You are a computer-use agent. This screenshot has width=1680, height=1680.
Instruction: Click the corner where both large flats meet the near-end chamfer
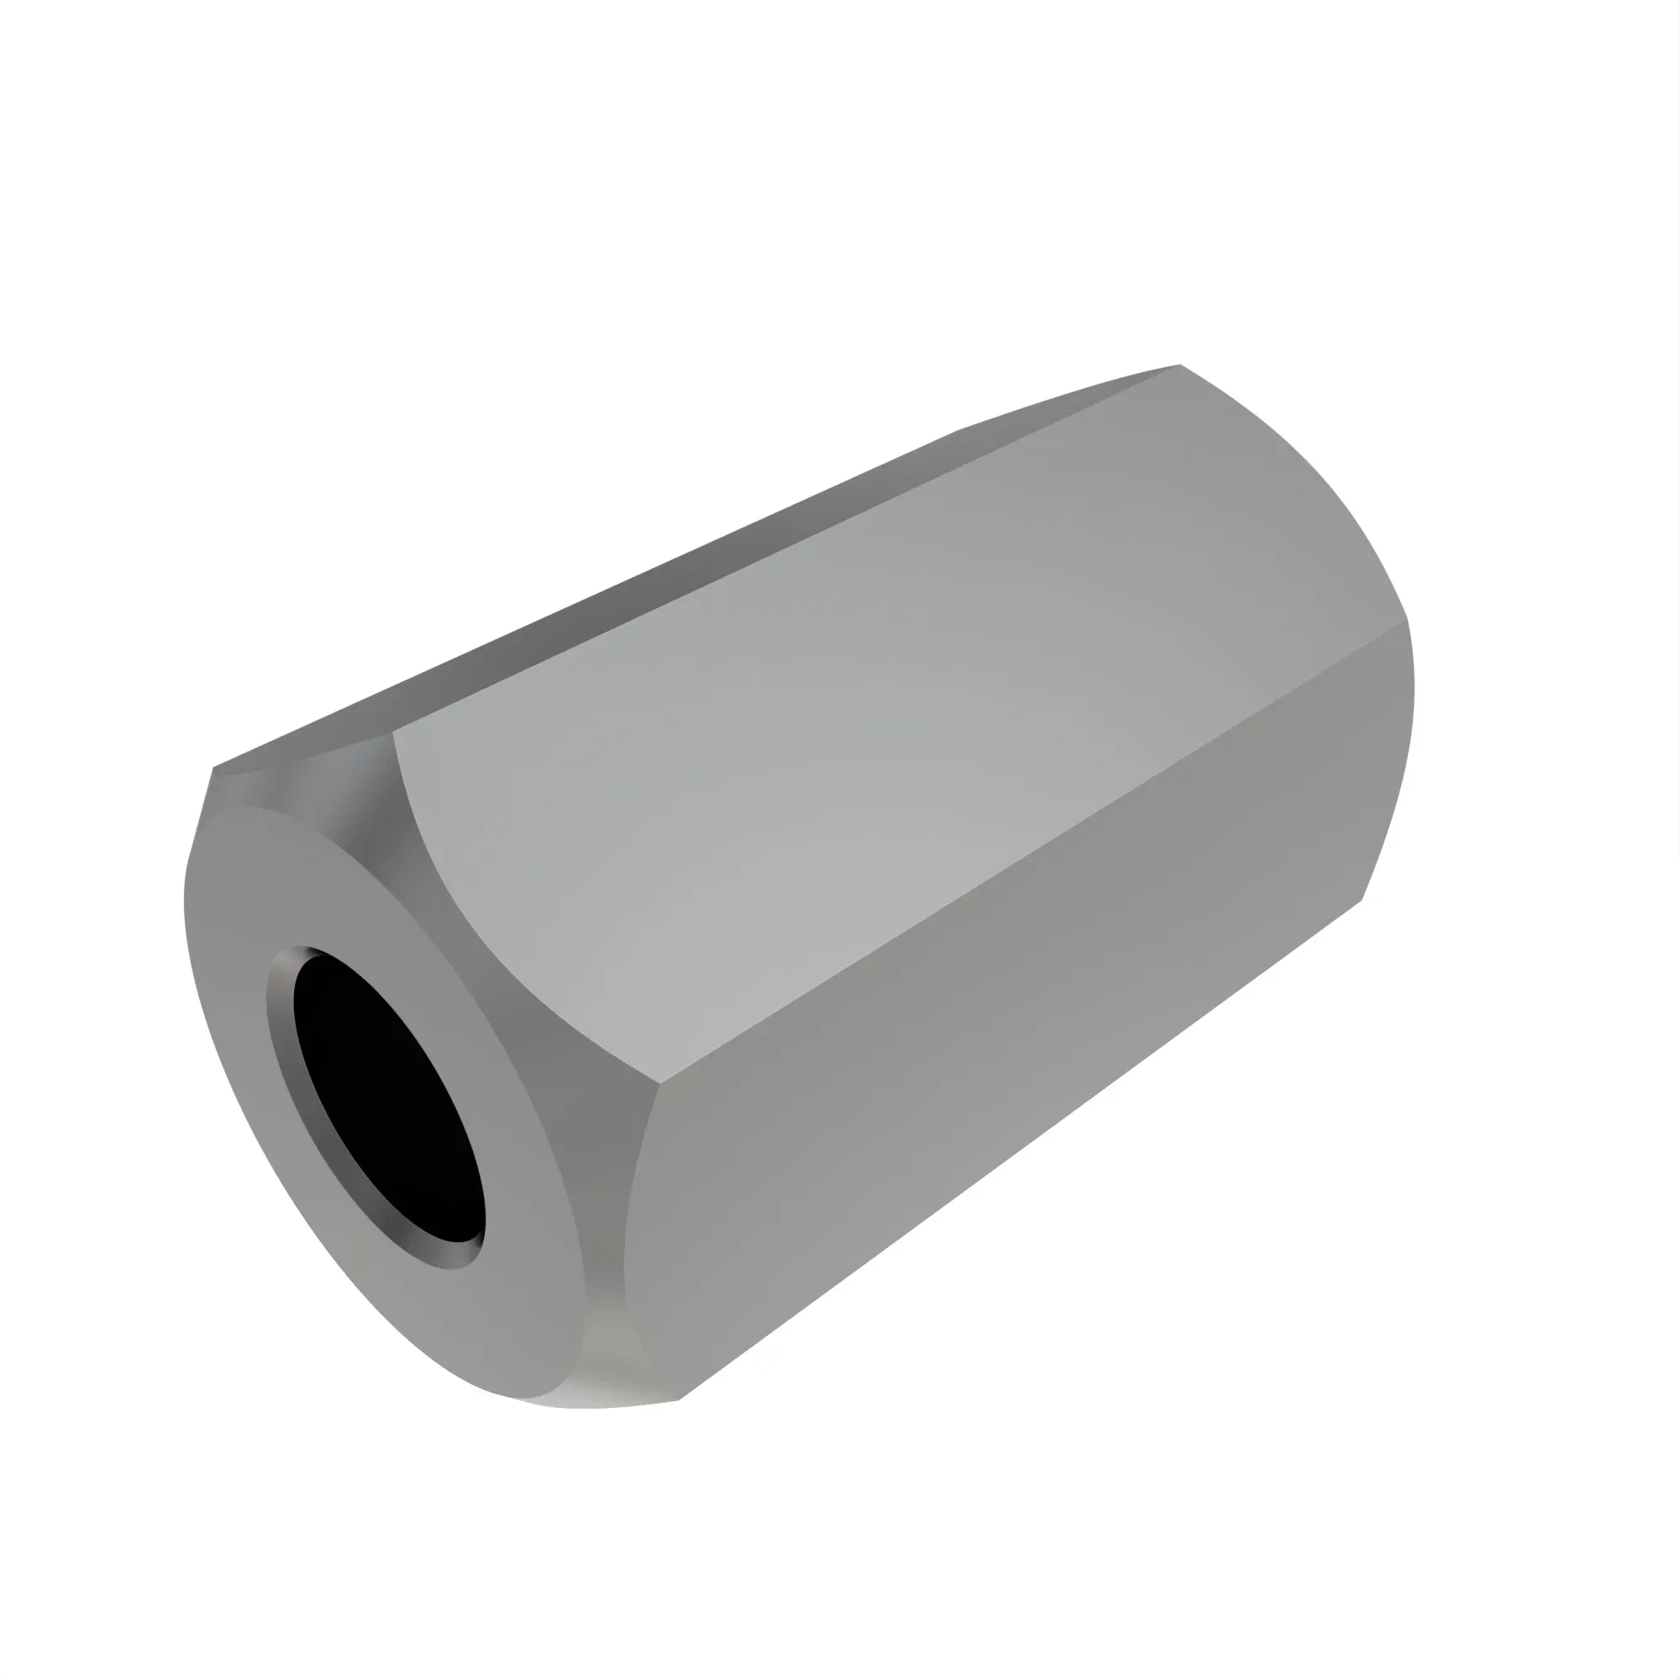[661, 1083]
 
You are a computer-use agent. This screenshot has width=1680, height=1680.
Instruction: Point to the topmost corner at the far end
[1180, 365]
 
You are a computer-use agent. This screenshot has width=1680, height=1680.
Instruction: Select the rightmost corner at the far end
[1406, 619]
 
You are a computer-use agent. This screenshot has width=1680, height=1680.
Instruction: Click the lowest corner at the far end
[1362, 900]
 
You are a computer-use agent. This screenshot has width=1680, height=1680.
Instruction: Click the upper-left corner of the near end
[214, 769]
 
